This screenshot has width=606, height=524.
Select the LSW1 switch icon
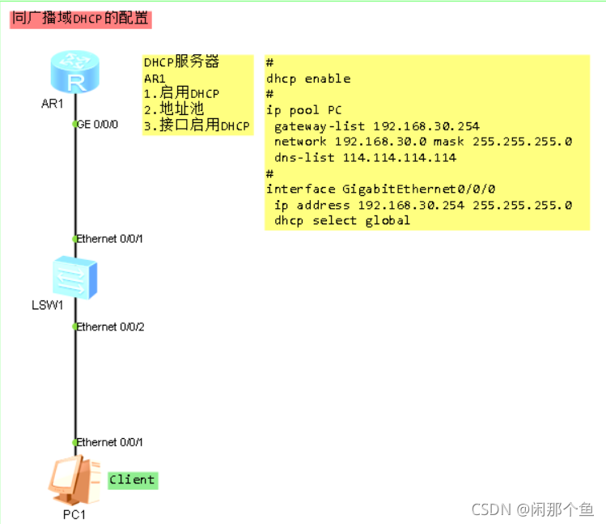coord(74,277)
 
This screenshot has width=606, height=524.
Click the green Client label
coord(132,479)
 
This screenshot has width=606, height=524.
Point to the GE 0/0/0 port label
coord(99,124)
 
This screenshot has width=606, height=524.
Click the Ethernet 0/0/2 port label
coord(110,326)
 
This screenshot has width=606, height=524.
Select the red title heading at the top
coord(80,19)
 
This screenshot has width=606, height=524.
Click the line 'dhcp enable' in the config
coord(308,79)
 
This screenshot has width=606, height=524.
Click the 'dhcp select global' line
coord(342,220)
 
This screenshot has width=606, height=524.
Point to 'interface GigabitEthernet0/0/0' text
coord(380,189)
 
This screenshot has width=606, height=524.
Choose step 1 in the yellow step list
coord(181,94)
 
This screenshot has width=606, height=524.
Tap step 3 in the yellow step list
coord(197,126)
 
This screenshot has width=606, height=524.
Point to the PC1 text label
coord(74,514)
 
